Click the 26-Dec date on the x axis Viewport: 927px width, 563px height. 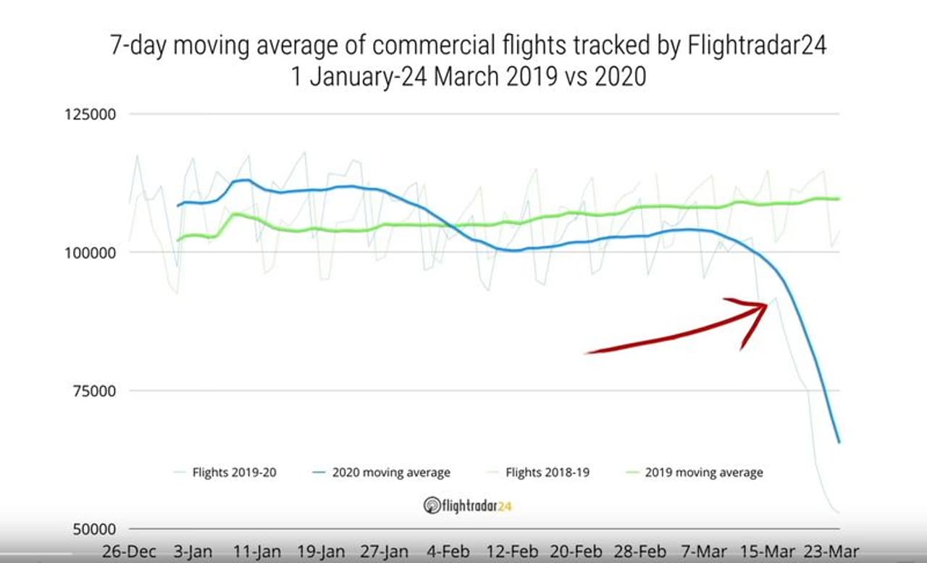point(130,551)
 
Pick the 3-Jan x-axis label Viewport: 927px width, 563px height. point(192,551)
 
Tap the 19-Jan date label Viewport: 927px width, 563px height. point(322,551)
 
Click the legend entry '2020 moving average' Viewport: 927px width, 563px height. point(390,473)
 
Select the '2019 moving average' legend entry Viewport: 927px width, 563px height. point(703,473)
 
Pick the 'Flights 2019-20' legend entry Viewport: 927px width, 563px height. point(234,473)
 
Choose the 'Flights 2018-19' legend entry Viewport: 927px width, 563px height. point(547,473)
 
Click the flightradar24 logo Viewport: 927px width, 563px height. point(467,505)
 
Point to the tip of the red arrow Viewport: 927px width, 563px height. point(767,305)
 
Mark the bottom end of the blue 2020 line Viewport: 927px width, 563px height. point(839,442)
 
